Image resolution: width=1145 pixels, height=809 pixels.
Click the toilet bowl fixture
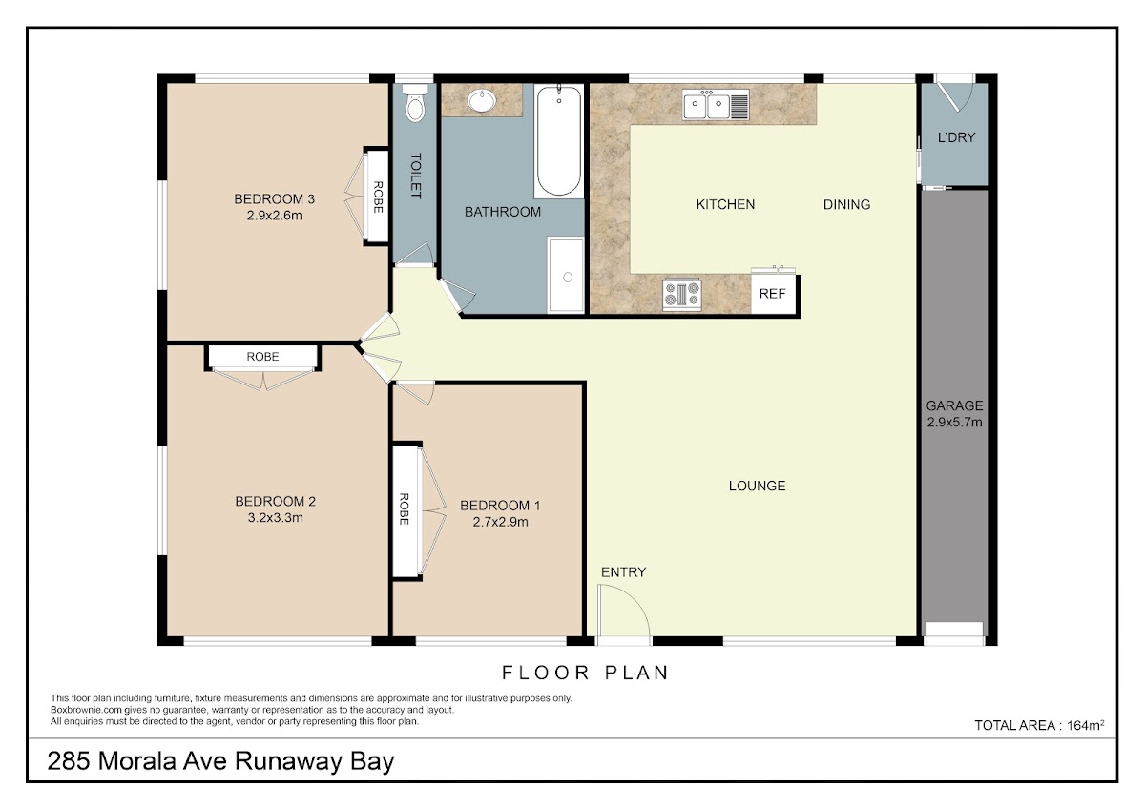pyautogui.click(x=415, y=103)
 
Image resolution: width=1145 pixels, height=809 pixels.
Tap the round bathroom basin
pyautogui.click(x=482, y=100)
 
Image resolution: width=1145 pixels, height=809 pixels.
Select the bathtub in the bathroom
pyautogui.click(x=559, y=141)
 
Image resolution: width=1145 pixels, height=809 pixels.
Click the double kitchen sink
pyautogui.click(x=716, y=105)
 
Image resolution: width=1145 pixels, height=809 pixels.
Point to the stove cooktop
pyautogui.click(x=682, y=295)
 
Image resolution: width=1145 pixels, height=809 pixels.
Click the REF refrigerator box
pyautogui.click(x=773, y=294)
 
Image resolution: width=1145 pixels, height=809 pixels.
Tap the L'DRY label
pyautogui.click(x=956, y=137)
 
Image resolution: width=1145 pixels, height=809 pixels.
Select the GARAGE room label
pyautogui.click(x=954, y=405)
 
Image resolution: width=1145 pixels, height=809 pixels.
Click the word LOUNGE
pyautogui.click(x=757, y=486)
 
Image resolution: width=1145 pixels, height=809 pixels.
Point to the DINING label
pyautogui.click(x=846, y=204)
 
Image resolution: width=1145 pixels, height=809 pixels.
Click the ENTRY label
pyautogui.click(x=623, y=571)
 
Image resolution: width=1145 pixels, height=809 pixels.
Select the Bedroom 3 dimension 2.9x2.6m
pyautogui.click(x=275, y=216)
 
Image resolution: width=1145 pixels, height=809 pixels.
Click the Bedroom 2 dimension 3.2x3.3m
pyautogui.click(x=276, y=518)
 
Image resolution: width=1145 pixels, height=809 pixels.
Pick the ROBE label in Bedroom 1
pyautogui.click(x=404, y=509)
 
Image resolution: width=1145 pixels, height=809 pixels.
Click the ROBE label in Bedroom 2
pyautogui.click(x=262, y=357)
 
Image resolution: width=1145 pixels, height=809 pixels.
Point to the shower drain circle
pyautogui.click(x=568, y=277)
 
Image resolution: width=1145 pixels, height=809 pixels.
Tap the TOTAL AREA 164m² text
pyautogui.click(x=1039, y=725)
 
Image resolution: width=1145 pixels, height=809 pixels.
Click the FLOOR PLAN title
pyautogui.click(x=585, y=674)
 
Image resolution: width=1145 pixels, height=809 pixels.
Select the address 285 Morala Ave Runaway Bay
pyautogui.click(x=220, y=761)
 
